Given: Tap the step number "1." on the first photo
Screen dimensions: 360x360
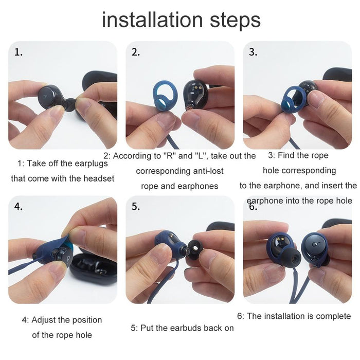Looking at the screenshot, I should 19,52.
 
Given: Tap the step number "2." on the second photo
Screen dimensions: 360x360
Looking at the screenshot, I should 136,52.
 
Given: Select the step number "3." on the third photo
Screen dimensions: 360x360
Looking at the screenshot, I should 253,52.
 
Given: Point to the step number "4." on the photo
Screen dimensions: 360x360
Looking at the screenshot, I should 19,207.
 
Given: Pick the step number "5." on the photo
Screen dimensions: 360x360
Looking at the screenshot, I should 136,207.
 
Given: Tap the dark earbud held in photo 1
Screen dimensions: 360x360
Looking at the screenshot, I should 53,96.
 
